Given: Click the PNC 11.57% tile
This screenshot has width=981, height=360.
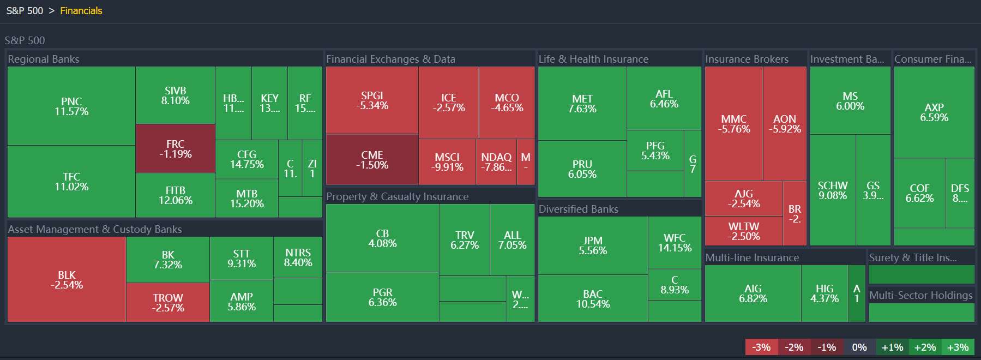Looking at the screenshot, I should point(71,106).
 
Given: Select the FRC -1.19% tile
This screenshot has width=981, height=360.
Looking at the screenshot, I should point(175,148).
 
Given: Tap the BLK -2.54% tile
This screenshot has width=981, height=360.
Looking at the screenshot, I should point(67,279).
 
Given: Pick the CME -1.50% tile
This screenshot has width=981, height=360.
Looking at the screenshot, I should point(372,159).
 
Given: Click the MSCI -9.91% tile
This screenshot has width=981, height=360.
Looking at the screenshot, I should point(447,162).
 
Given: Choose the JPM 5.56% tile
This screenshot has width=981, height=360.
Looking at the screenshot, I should point(593,245).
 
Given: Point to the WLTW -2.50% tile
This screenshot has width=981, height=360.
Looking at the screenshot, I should point(743,231).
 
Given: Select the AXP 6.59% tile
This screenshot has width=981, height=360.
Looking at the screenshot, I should point(934,112).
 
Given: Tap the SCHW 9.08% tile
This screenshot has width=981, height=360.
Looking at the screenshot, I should point(832,190).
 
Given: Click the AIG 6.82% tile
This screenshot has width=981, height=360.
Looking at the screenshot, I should point(753,293).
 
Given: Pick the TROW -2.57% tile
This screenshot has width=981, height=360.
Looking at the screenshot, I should point(168,302).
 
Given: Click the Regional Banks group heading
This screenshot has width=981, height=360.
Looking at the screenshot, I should point(44,59).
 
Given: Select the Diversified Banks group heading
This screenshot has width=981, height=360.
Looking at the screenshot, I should point(578,209).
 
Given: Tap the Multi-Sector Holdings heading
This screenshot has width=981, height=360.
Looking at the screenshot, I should point(920,295).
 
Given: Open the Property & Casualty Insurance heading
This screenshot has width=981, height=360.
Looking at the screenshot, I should point(397,196).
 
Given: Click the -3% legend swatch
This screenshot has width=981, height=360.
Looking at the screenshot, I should point(761,347).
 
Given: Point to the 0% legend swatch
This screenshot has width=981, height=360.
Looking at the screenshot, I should point(859,347).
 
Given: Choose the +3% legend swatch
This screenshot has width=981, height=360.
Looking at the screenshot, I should point(958,347).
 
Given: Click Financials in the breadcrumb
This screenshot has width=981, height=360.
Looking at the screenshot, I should point(81,11).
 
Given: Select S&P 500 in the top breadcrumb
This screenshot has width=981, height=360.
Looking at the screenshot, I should point(25,11).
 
